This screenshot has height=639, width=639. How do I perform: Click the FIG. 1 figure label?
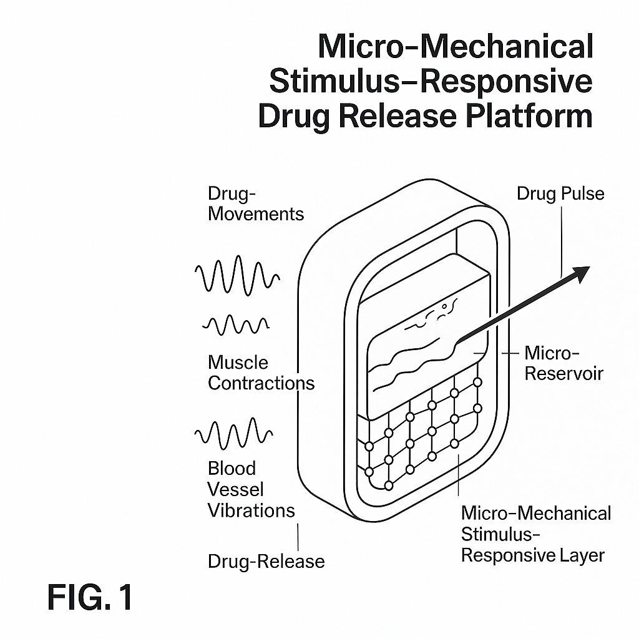90,598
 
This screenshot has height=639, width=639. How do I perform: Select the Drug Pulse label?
560,193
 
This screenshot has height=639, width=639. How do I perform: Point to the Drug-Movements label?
256,203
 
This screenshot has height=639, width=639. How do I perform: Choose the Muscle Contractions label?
261,373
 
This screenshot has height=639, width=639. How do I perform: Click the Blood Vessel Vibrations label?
251,489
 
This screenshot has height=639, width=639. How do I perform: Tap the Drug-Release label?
266,561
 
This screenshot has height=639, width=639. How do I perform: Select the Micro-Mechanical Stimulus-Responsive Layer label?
535,534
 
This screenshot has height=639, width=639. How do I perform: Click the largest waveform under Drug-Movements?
237,275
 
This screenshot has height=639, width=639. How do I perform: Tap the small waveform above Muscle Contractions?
236,324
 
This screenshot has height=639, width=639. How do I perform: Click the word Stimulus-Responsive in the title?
431,81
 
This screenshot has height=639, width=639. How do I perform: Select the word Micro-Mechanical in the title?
456,47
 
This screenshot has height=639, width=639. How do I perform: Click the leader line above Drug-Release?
299,536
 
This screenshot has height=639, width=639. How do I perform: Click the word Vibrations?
251,510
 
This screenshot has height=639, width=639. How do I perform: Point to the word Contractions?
261,383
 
